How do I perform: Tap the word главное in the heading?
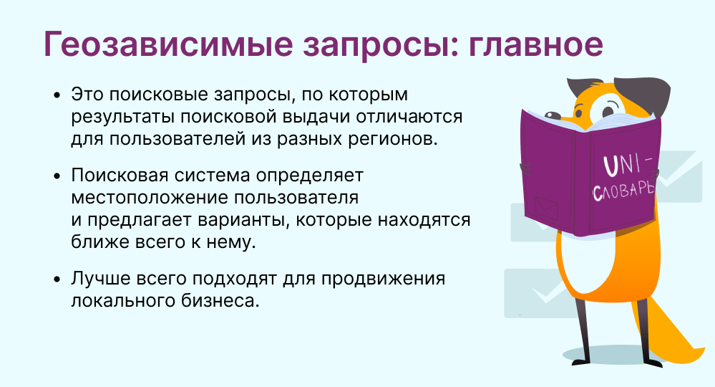536,44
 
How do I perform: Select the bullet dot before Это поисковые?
57,95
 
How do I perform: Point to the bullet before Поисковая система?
57,176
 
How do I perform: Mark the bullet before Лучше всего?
57,279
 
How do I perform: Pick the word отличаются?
409,117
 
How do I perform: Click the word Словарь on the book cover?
623,191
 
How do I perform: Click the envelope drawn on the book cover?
546,208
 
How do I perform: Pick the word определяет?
309,176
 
